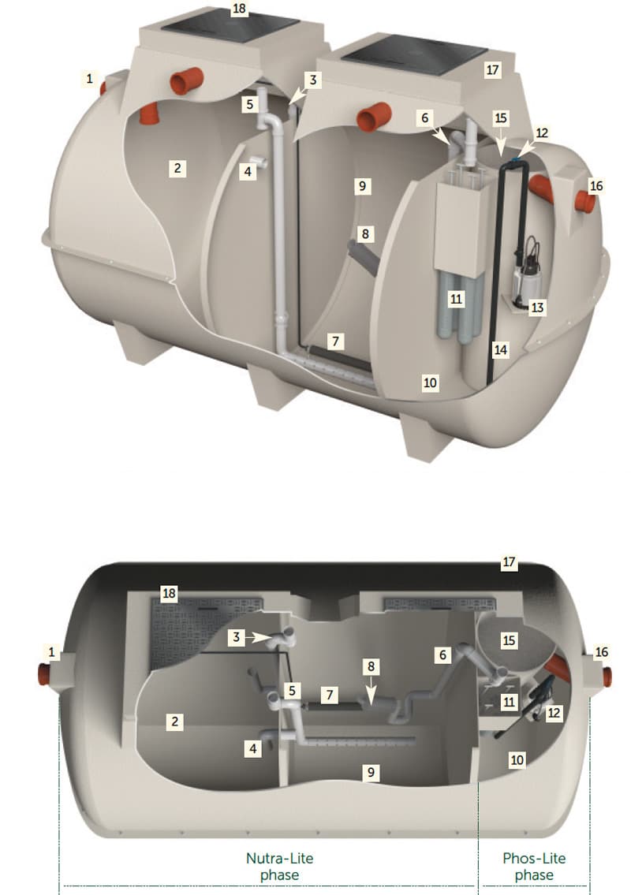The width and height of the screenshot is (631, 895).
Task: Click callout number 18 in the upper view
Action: coord(239,9)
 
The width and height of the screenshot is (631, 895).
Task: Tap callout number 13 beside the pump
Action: coord(537,308)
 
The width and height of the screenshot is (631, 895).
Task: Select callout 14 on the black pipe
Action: coord(500,349)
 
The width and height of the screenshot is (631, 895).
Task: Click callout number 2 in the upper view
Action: coord(177,168)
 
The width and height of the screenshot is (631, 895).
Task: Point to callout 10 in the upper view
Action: coord(430,382)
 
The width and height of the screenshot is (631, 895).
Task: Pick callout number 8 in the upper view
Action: coord(365,233)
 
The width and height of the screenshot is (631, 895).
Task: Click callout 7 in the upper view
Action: coord(336,341)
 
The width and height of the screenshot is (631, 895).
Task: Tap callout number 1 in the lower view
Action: coord(52,652)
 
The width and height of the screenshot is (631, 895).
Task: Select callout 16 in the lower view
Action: coord(601,652)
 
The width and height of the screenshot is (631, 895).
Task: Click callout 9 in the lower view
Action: coord(372,772)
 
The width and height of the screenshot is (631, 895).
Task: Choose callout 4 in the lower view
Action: coord(253,748)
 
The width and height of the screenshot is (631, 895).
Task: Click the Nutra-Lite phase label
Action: coord(279,866)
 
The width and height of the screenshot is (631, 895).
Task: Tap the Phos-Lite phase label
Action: coord(534,866)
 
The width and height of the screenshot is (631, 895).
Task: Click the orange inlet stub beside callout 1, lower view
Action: coord(43,675)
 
